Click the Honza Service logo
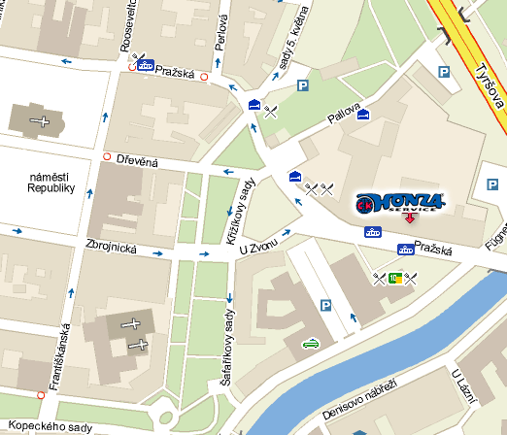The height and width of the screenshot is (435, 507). pyautogui.click(x=400, y=203)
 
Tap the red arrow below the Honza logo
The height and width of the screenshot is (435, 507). pyautogui.click(x=410, y=218)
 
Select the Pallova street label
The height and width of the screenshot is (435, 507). pyautogui.click(x=344, y=115)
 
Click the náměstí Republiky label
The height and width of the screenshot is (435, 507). pyautogui.click(x=51, y=182)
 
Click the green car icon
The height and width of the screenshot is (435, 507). pyautogui.click(x=310, y=342)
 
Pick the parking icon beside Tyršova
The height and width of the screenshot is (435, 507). pyautogui.click(x=443, y=72)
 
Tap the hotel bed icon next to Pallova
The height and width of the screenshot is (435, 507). pyautogui.click(x=363, y=116)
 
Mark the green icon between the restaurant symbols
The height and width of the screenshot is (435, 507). pyautogui.click(x=394, y=279)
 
